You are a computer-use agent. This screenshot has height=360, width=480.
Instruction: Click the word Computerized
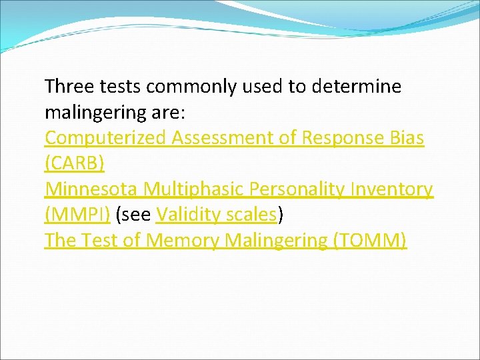point(105,138)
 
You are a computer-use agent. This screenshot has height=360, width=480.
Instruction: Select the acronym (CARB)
point(75,163)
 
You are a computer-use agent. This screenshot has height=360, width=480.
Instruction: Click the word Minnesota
point(93,189)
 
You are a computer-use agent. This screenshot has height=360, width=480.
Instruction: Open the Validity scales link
point(215,215)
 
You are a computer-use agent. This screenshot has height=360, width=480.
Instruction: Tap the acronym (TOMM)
point(370,241)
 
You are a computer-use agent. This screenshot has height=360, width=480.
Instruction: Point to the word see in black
point(134,215)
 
